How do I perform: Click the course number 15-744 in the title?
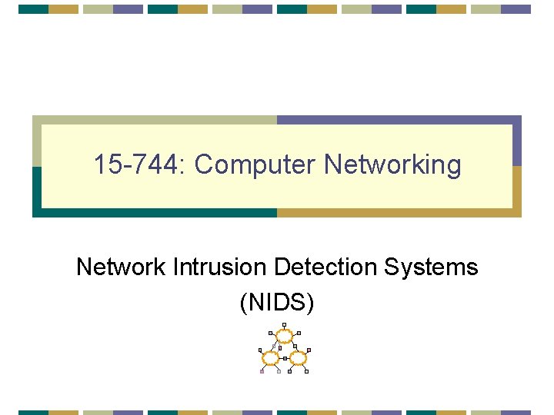point(139,164)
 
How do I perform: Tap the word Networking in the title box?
point(392,164)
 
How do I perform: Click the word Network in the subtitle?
point(120,267)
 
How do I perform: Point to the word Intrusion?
point(219,267)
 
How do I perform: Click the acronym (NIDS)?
point(277,302)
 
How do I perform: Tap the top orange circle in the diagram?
point(285,335)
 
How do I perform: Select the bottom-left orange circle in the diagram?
point(270,357)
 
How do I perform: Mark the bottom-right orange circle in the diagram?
point(298,357)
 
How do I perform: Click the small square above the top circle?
point(285,324)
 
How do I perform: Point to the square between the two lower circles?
point(284,358)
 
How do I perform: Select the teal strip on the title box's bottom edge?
point(154,213)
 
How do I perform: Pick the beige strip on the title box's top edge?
point(154,120)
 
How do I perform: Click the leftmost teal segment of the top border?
point(33,9)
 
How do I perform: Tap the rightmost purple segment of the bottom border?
point(516,412)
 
